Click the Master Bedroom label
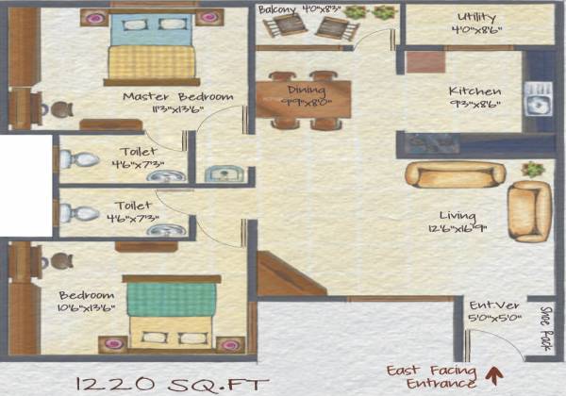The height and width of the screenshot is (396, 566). tap(177, 97)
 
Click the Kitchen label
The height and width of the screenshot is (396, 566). tap(474, 91)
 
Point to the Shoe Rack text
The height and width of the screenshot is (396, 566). tap(544, 325)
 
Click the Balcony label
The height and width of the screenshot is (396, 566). tap(281, 9)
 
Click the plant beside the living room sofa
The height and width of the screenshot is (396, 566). tap(534, 171)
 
